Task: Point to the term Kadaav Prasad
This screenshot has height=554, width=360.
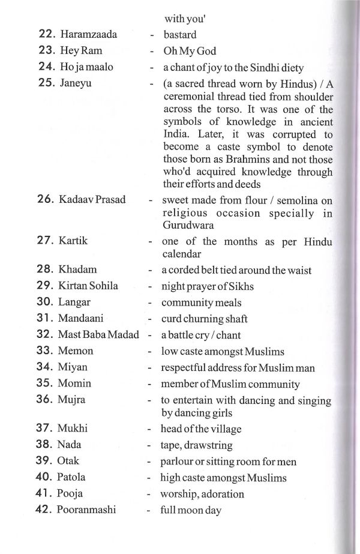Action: pyautogui.click(x=92, y=199)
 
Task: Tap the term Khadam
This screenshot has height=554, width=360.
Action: pyautogui.click(x=77, y=270)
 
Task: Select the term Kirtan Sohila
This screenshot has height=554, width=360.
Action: pyautogui.click(x=88, y=286)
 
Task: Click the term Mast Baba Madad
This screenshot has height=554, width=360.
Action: pyautogui.click(x=98, y=334)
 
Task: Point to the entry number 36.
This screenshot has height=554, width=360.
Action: pyautogui.click(x=46, y=399)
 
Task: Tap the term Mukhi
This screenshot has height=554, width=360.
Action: pyautogui.click(x=73, y=429)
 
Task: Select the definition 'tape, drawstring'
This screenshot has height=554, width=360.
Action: pyautogui.click(x=197, y=445)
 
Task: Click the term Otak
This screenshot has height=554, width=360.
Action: pyautogui.click(x=69, y=462)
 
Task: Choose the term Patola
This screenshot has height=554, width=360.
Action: pyautogui.click(x=72, y=478)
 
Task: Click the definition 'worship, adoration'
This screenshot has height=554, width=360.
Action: pyautogui.click(x=202, y=494)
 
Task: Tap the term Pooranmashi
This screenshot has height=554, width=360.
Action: pyautogui.click(x=86, y=511)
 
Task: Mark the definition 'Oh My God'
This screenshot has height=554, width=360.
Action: pyautogui.click(x=190, y=51)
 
